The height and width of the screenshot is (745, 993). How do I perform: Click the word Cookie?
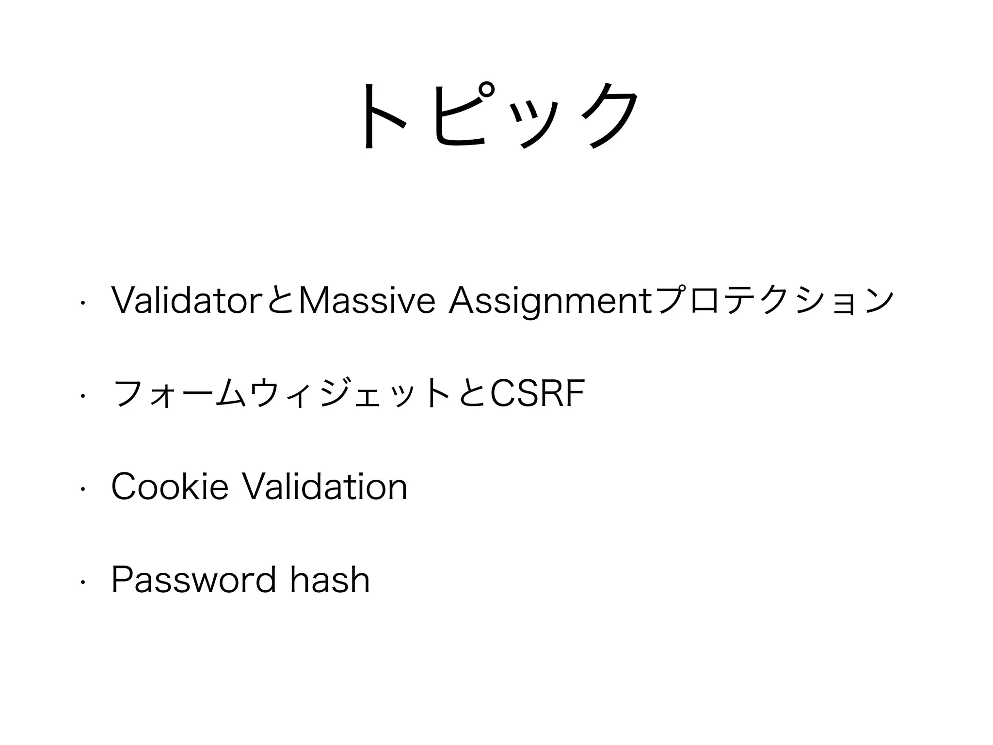[x=170, y=487]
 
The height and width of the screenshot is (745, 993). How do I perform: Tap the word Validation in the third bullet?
[x=324, y=487]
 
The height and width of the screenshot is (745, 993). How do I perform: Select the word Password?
[x=193, y=580]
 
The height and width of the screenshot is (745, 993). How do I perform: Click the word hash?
[x=330, y=580]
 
